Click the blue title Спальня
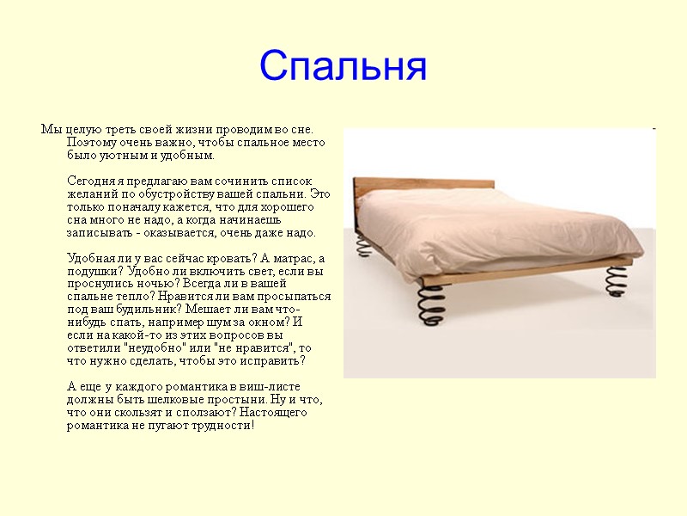[x=343, y=66]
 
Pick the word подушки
[x=92, y=271]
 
